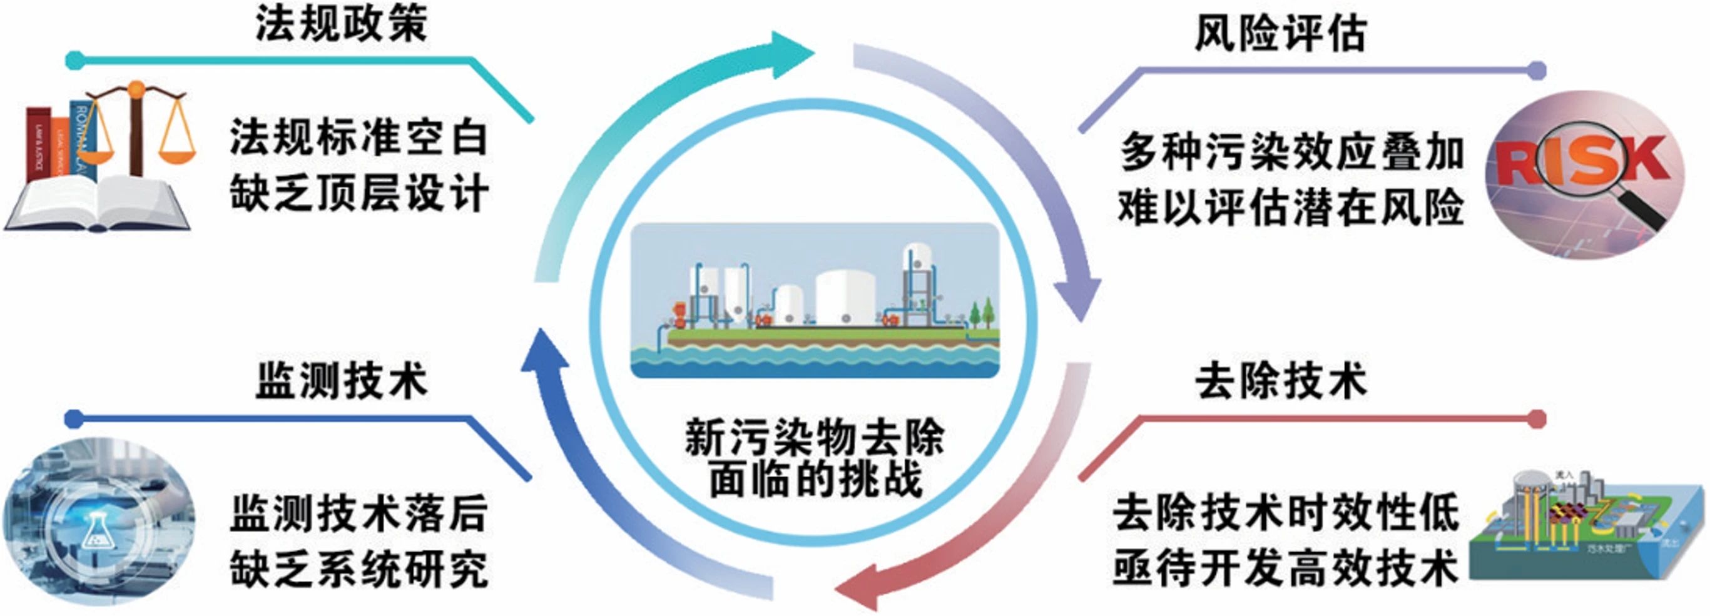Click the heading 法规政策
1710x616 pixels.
coord(341,25)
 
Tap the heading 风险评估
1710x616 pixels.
coord(1281,33)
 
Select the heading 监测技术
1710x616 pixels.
coord(341,381)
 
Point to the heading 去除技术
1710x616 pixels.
coord(1281,381)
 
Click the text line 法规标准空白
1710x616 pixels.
coord(359,138)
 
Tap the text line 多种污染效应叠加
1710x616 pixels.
coord(1292,152)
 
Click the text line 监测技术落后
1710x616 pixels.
coord(359,512)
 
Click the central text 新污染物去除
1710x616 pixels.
coord(815,438)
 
